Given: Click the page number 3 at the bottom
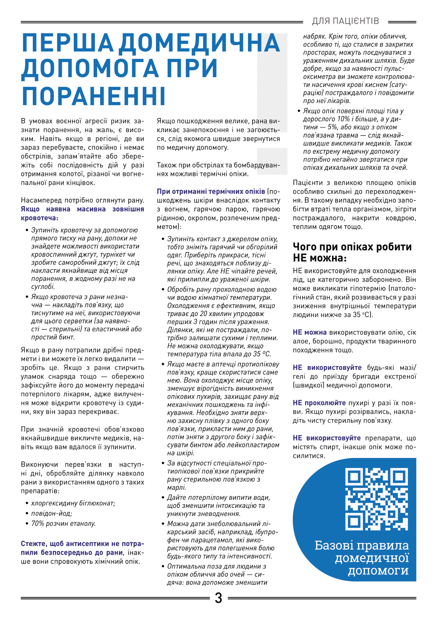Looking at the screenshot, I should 218,598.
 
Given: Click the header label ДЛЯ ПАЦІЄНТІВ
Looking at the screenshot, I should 345,21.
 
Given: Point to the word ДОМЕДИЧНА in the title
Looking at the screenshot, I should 200,43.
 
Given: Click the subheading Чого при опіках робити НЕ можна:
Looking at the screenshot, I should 352,252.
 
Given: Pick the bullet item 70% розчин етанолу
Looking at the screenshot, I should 63,523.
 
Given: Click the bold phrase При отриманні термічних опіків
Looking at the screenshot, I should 211,192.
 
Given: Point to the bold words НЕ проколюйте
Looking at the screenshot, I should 319,403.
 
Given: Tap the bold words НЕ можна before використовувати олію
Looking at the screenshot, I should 309,332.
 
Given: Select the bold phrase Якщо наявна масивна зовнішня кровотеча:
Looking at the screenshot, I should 82,213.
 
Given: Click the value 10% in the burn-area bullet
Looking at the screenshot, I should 343,119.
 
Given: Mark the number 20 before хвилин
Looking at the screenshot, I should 204,314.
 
